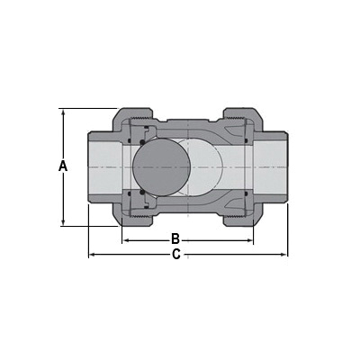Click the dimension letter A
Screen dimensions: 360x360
(x=62, y=166)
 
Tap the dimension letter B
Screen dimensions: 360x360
(x=176, y=239)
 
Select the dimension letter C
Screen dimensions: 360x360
(x=176, y=256)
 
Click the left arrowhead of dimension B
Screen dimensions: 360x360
(x=126, y=240)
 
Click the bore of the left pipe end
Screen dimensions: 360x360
(x=106, y=167)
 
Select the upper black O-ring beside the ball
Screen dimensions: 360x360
(x=141, y=140)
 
